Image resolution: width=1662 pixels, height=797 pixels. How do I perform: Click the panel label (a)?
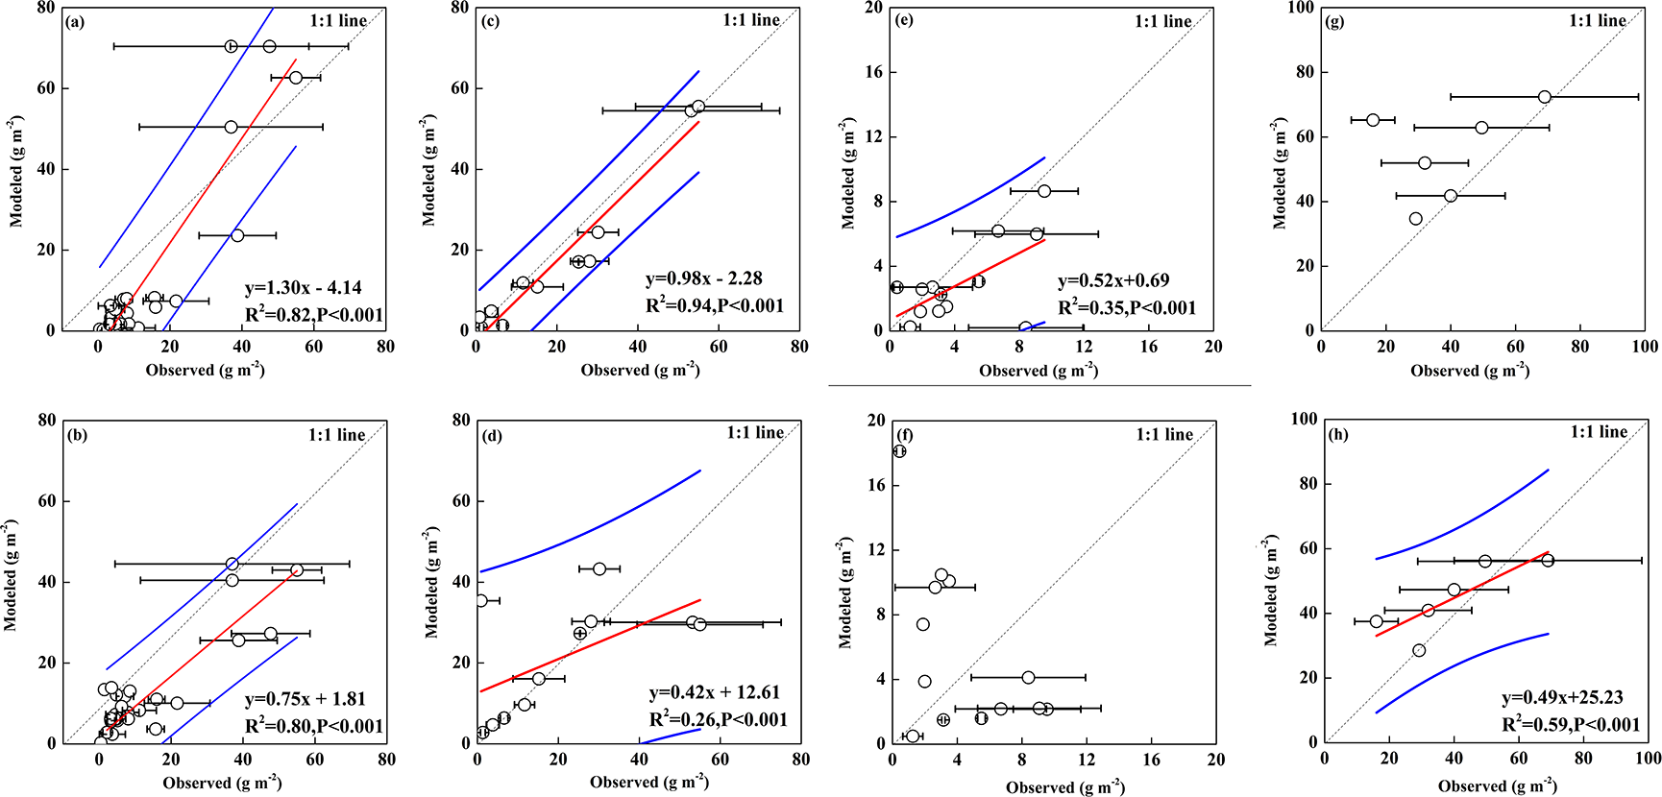click(x=75, y=22)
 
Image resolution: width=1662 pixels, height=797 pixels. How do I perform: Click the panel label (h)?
click(x=1338, y=434)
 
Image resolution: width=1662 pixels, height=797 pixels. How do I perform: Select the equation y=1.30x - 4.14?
click(x=304, y=287)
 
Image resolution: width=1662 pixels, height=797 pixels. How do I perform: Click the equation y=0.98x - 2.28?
click(x=704, y=278)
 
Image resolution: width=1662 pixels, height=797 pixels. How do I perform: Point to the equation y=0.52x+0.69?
click(x=1114, y=280)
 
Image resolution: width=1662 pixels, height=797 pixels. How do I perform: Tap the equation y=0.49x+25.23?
click(x=1563, y=697)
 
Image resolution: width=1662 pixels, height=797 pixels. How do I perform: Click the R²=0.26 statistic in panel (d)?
click(x=719, y=719)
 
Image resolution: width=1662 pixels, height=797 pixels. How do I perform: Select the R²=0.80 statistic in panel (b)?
click(x=314, y=726)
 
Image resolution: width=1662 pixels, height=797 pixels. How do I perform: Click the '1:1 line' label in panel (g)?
click(x=1598, y=20)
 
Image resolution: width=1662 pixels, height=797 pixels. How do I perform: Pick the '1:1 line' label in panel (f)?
click(x=1164, y=434)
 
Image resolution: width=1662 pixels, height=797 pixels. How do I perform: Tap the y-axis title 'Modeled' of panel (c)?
click(x=428, y=173)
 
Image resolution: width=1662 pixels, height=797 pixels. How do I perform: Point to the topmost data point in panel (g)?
click(x=1544, y=97)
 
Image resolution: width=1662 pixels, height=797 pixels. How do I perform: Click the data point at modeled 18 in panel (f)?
click(x=899, y=451)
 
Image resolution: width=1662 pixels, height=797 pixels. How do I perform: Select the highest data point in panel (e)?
click(x=1044, y=191)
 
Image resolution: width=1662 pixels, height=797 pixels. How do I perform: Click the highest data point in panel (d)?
click(x=599, y=569)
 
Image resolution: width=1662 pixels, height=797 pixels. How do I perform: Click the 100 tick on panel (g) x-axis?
click(x=1645, y=347)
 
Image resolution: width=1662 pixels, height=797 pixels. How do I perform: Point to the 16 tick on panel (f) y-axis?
click(x=875, y=485)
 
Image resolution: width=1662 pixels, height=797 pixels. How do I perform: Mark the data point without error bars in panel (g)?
click(x=1415, y=219)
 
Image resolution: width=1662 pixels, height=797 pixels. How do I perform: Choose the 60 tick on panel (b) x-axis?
click(x=315, y=760)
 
